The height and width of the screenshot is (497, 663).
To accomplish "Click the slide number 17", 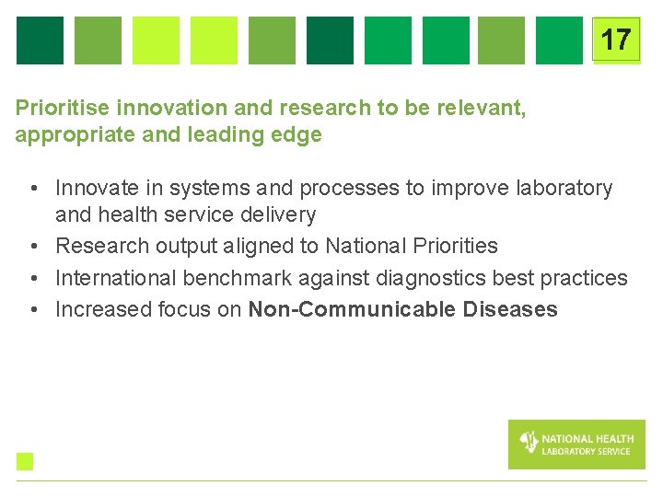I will (615, 40).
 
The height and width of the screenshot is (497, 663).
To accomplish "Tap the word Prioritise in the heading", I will (58, 108).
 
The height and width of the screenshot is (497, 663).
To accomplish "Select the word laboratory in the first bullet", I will (564, 189).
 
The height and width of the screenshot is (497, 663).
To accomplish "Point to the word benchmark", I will (231, 278).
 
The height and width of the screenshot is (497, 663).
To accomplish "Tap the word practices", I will (587, 278).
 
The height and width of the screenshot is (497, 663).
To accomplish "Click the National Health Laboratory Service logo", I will (576, 445).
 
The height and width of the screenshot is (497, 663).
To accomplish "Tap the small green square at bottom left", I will (24, 461).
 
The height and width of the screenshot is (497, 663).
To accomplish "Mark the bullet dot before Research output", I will (32, 247).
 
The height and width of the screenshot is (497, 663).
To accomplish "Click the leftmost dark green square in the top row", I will (40, 40).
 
